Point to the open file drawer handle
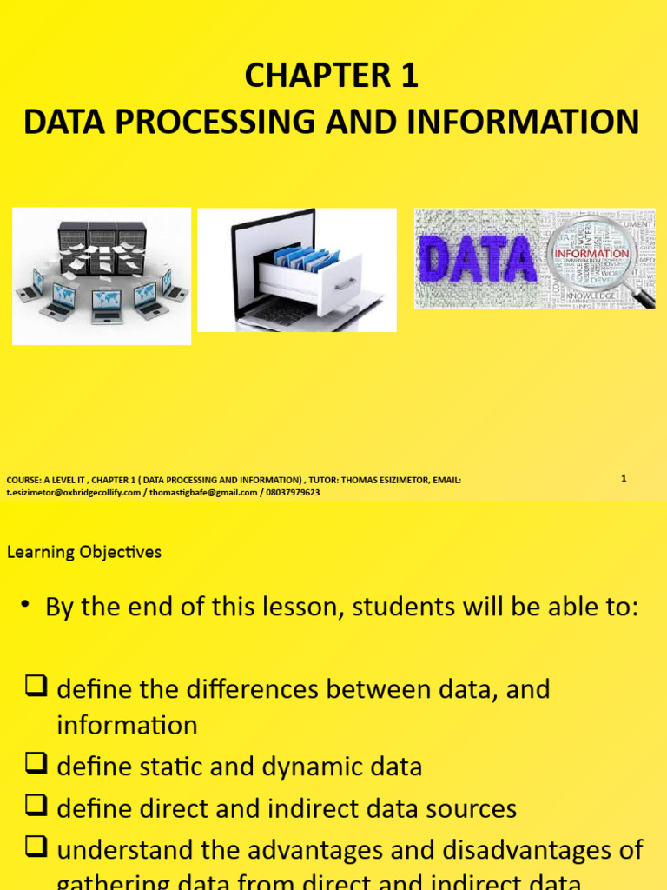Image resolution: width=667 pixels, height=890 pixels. coord(346,283)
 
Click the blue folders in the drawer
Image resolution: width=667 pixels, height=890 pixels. coord(304,257)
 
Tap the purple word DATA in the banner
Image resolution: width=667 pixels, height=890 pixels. coord(477,260)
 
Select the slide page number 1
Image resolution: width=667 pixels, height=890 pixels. coord(624,478)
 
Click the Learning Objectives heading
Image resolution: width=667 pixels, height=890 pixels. coord(84,552)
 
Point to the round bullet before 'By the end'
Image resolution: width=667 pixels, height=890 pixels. coord(27,607)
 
